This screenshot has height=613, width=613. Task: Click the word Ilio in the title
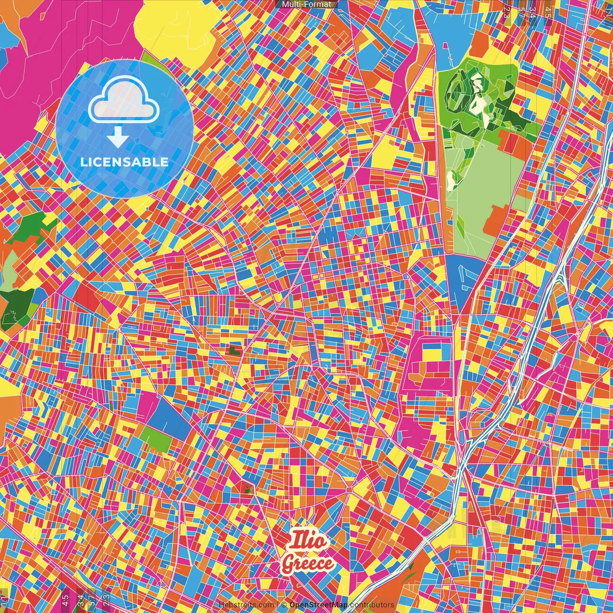click(308, 542)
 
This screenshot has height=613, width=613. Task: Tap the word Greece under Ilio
click(307, 564)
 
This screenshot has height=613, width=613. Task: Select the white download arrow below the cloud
click(118, 137)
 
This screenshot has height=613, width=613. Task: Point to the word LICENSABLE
click(125, 162)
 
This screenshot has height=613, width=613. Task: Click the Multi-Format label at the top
click(306, 4)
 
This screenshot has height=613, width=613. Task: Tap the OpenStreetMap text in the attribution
click(318, 605)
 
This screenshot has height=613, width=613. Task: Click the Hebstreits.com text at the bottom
click(246, 605)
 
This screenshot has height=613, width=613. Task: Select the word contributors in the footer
click(372, 605)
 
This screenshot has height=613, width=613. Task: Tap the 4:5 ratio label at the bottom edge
click(65, 600)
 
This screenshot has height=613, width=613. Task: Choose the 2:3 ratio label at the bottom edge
click(106, 600)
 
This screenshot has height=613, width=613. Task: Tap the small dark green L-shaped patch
click(235, 351)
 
